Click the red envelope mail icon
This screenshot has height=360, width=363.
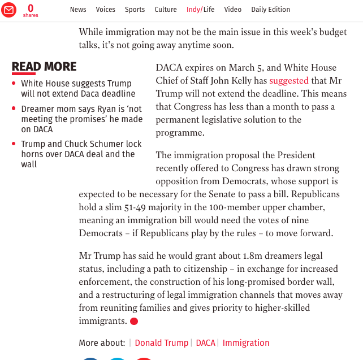pyautogui.click(x=8, y=10)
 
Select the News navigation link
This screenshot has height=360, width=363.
pyautogui.click(x=78, y=10)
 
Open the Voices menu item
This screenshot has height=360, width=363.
pyautogui.click(x=106, y=10)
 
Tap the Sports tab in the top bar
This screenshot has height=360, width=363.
pyautogui.click(x=135, y=10)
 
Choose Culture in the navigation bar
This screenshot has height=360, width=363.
pyautogui.click(x=166, y=10)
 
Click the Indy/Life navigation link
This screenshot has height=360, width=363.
pyautogui.click(x=201, y=10)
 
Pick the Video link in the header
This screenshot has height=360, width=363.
pyautogui.click(x=232, y=10)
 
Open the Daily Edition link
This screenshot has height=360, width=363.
pyautogui.click(x=270, y=10)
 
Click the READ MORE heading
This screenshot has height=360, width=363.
pyautogui.click(x=44, y=67)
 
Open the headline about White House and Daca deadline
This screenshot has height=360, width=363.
pyautogui.click(x=78, y=89)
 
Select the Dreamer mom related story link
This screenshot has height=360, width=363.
pyautogui.click(x=81, y=119)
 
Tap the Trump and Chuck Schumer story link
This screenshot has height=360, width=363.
pyautogui.click(x=81, y=154)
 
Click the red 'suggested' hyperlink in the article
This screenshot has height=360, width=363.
pyautogui.click(x=289, y=81)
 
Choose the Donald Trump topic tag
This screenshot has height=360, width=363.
pyautogui.click(x=161, y=343)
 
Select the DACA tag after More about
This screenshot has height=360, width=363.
pyautogui.click(x=206, y=343)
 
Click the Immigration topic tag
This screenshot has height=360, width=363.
pyautogui.click(x=246, y=343)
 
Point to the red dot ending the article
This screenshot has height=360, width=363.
pyautogui.click(x=134, y=322)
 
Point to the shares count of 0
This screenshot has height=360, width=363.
pyautogui.click(x=31, y=8)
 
